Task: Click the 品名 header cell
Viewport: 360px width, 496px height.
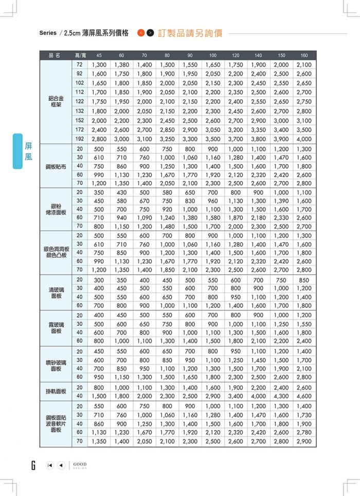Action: click(55, 55)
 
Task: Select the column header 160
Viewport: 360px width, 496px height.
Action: click(304, 55)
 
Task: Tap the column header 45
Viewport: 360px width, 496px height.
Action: click(99, 55)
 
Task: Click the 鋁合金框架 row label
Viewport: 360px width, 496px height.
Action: click(56, 101)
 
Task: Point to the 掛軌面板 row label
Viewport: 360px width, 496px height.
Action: click(56, 392)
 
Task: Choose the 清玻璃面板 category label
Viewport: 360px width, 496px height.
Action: click(56, 292)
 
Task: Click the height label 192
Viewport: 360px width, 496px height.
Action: click(80, 139)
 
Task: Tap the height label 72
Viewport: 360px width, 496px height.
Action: click(80, 65)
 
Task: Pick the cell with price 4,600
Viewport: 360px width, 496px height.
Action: click(304, 397)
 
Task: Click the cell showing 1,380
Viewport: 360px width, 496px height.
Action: click(121, 65)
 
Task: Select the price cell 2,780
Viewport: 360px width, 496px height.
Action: click(304, 433)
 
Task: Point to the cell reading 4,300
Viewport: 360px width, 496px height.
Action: click(281, 397)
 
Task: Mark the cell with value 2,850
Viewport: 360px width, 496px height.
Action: click(167, 130)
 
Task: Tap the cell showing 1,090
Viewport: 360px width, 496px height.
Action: click(145, 218)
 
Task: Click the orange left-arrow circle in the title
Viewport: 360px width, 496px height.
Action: click(141, 33)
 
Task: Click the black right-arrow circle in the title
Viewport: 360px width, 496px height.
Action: click(150, 33)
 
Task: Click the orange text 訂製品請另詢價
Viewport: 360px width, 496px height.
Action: click(190, 33)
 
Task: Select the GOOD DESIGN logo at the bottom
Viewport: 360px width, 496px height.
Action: click(80, 465)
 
